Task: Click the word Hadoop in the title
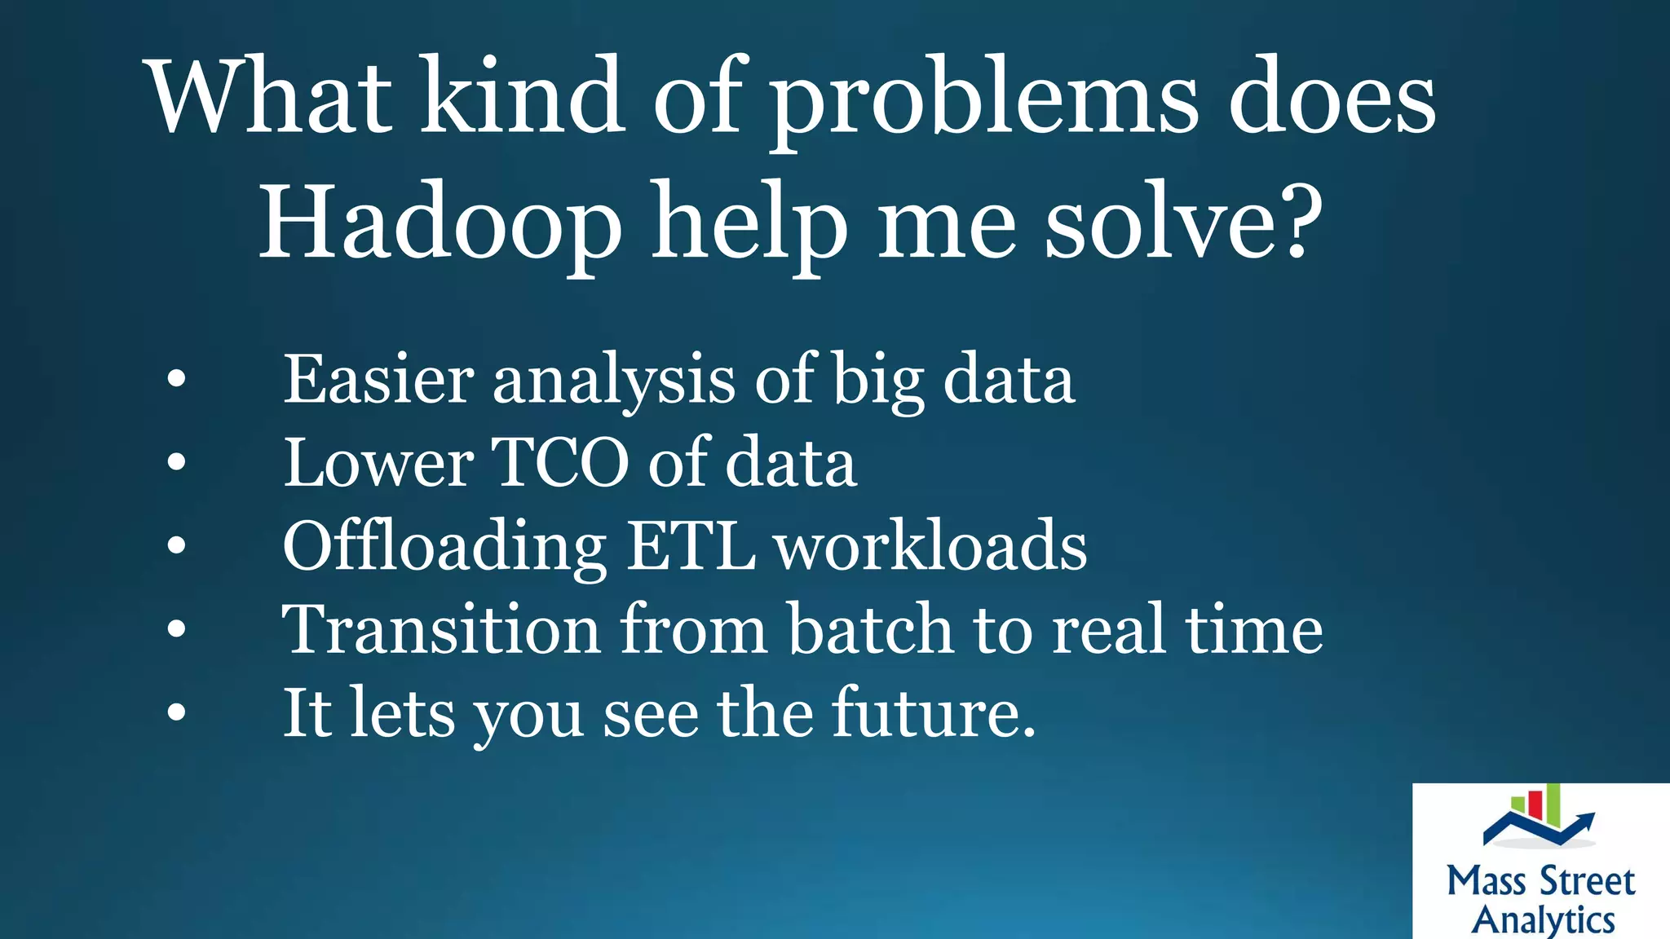click(440, 223)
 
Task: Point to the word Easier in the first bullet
click(378, 380)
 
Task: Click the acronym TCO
click(560, 462)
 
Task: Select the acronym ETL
click(691, 546)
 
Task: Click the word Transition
click(441, 629)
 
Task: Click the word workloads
click(930, 546)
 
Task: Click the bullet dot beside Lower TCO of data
click(176, 462)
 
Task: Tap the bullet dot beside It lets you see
click(176, 712)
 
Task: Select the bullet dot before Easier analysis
click(176, 379)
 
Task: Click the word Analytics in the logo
click(1543, 920)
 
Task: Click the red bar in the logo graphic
click(1535, 804)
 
